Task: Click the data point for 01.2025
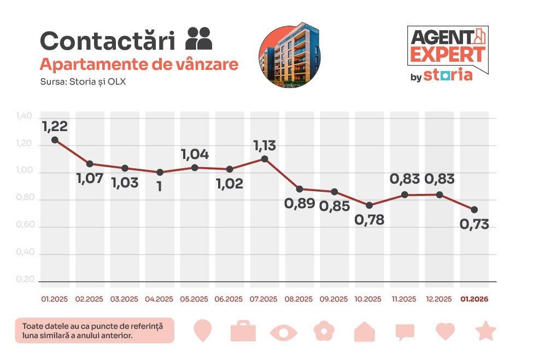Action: coord(55,140)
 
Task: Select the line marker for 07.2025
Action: coord(265,159)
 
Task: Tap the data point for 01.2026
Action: coord(475,210)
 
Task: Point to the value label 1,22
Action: coord(55,126)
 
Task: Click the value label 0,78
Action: coord(370,220)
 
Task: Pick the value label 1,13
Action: coord(265,146)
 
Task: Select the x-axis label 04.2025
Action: coord(160,299)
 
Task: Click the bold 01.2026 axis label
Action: coord(475,299)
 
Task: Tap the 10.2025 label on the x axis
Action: coord(370,299)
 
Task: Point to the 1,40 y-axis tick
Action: coord(25,116)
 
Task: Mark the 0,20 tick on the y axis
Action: coord(25,280)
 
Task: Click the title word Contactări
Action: coord(107,42)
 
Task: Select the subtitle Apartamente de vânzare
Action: coord(139,64)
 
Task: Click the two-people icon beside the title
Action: coord(199,39)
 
